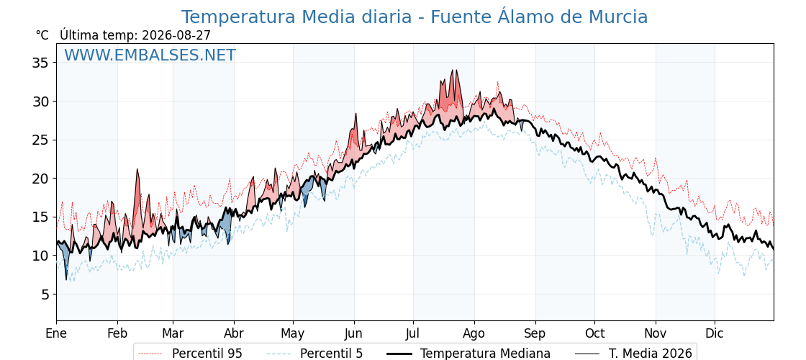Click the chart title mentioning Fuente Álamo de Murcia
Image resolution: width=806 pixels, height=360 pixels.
point(415,17)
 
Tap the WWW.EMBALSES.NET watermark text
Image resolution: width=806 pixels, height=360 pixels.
point(150,55)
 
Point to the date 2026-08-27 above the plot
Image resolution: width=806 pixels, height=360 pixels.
point(176,35)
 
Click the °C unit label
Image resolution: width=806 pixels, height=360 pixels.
point(42,35)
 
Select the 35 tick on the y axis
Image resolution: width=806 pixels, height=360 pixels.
point(40,63)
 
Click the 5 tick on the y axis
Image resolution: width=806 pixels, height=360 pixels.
point(44,294)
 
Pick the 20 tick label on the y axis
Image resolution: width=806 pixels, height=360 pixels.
point(40,179)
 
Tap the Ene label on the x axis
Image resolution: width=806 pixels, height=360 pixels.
point(56,333)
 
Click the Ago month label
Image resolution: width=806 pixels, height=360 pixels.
point(474,334)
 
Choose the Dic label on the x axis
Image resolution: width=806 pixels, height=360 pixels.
point(714,333)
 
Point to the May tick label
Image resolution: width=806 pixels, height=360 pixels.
point(292,334)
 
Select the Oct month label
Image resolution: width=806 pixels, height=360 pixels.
point(594,333)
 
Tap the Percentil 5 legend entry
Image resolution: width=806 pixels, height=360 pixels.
point(314,354)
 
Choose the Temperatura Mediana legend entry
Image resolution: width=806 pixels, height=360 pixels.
point(468,354)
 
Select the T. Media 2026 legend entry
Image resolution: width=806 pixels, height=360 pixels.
point(633,354)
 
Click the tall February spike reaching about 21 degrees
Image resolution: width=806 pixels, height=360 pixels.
point(137,170)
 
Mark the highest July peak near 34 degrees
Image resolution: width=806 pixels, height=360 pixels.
point(453,71)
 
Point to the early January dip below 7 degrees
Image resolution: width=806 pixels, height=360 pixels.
point(65,279)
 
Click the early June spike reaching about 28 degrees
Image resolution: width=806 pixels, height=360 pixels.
point(356,114)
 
